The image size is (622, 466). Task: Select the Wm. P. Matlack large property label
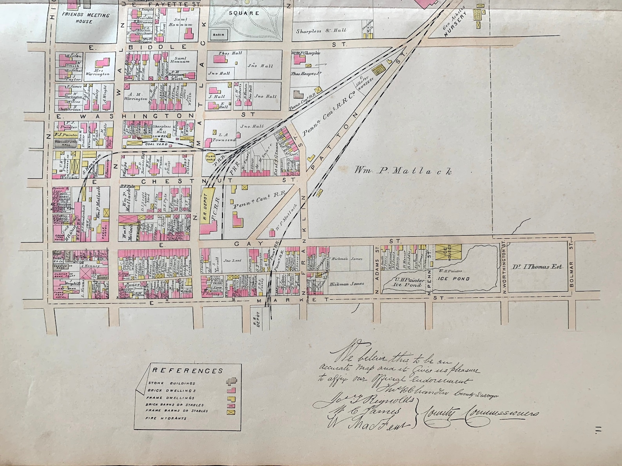coord(403,171)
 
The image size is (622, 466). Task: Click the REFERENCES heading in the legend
coord(187,371)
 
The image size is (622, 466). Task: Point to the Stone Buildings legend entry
coord(172,383)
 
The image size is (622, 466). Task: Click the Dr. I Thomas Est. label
coord(537,266)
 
